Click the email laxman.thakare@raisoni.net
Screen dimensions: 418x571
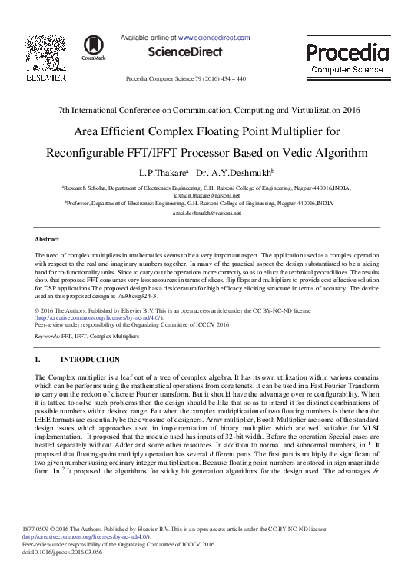(x=209, y=195)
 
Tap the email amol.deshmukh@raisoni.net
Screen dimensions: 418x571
(x=209, y=213)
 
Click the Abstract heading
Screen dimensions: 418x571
(x=48, y=240)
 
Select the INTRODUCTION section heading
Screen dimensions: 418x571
(x=90, y=360)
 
